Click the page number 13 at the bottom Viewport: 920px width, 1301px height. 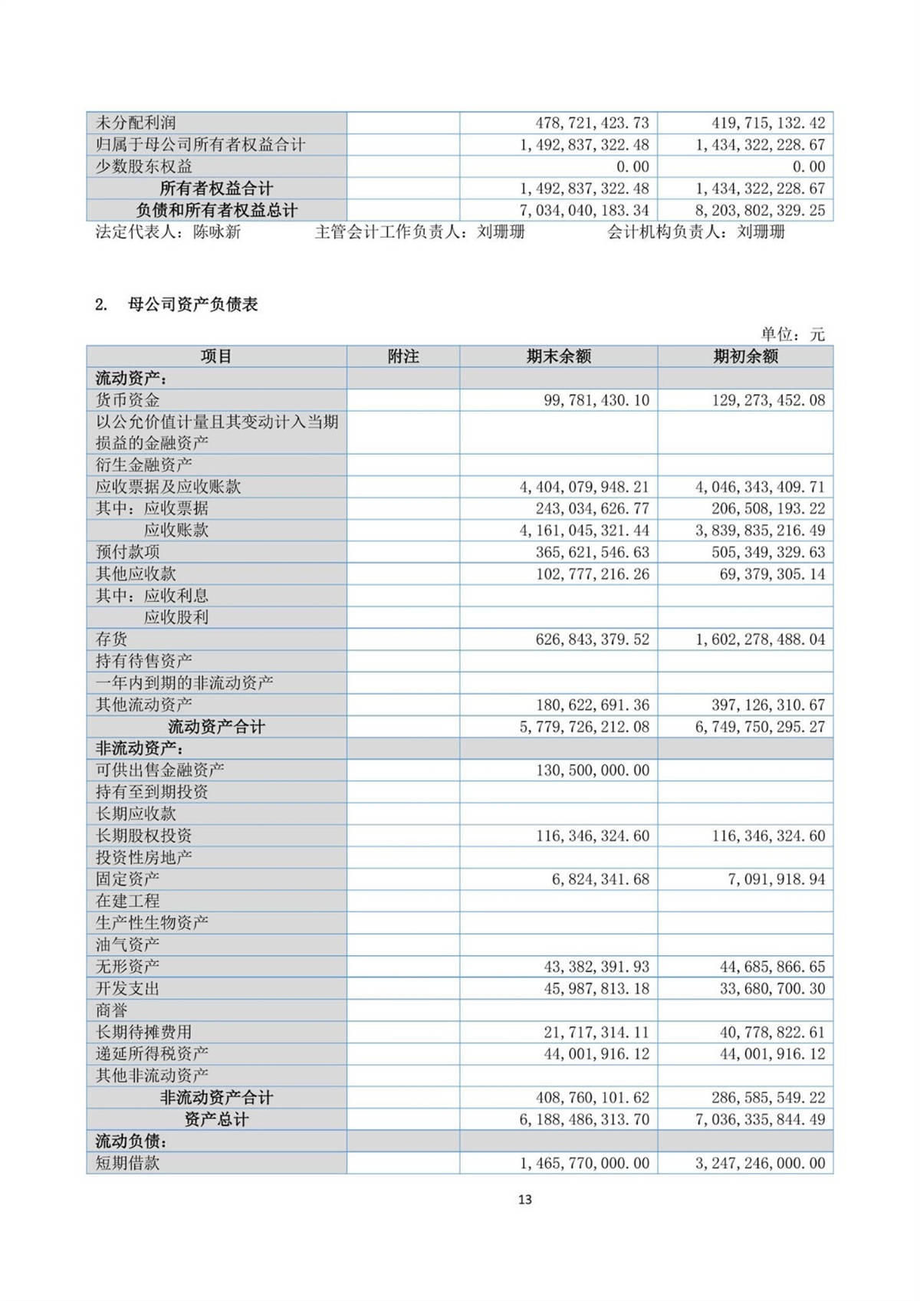point(524,1199)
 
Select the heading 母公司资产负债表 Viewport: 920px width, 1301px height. point(192,304)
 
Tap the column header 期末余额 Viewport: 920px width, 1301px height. point(558,356)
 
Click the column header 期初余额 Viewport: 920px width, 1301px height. point(745,356)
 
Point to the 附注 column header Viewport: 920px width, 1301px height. point(403,356)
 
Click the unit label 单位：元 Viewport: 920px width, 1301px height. point(792,334)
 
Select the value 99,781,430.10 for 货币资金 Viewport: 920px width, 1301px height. point(596,400)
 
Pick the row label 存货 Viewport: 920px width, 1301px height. point(111,639)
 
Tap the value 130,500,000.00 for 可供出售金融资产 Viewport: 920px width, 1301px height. point(592,770)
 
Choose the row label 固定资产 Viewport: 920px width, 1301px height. point(127,879)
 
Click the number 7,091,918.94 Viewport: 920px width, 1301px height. point(776,879)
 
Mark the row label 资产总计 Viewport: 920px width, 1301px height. point(216,1119)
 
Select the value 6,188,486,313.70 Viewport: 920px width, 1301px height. point(584,1119)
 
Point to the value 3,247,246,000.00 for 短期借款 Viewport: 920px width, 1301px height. point(760,1163)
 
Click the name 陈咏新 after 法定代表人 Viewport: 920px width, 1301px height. point(217,232)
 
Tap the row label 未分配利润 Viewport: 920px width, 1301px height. point(136,123)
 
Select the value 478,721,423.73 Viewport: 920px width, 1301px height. point(592,123)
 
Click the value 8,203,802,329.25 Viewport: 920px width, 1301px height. point(760,210)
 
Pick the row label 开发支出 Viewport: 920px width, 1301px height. point(127,988)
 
